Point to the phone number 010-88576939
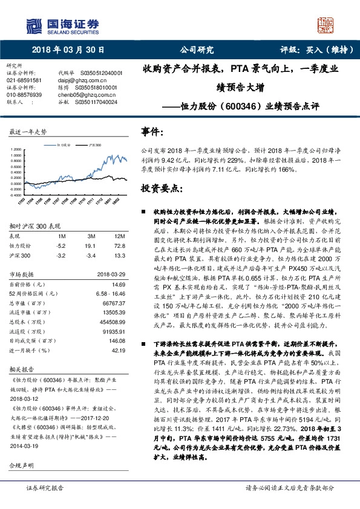click(x=24, y=95)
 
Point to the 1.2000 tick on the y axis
click(x=18, y=149)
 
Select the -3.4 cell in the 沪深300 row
click(x=91, y=256)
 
